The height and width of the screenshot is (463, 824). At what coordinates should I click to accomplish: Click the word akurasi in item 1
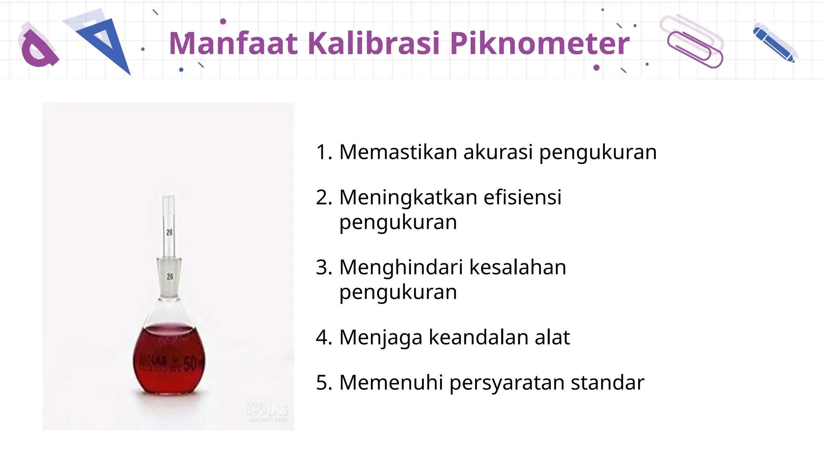pos(498,152)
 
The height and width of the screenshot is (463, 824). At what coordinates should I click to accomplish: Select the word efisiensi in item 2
pos(522,197)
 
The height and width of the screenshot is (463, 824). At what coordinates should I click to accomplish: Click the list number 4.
pos(323,337)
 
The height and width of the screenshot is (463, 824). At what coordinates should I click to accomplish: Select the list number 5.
pos(323,383)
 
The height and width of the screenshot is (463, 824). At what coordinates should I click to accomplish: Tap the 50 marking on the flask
pos(190,363)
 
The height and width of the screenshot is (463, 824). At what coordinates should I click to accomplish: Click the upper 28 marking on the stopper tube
pos(169,232)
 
